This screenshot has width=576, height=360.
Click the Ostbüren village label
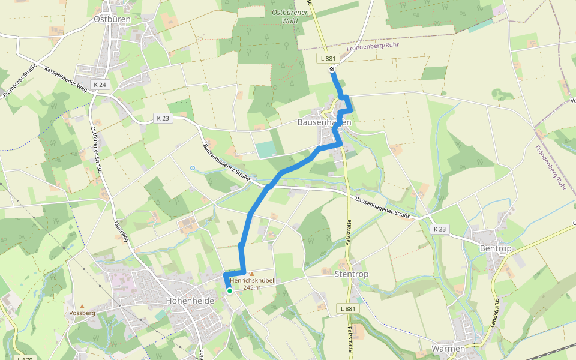(112, 19)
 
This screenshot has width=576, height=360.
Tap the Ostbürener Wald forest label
(286, 16)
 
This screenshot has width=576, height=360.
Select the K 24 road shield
(100, 85)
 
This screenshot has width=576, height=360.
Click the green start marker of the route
(229, 291)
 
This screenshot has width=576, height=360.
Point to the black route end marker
(332, 70)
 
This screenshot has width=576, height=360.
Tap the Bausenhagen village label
(324, 122)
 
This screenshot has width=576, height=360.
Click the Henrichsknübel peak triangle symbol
(251, 274)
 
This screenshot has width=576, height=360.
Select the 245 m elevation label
(252, 287)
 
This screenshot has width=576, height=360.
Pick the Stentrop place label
(353, 274)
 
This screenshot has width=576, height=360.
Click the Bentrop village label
(494, 248)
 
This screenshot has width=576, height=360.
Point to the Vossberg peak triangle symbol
(82, 305)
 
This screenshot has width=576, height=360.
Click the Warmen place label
(448, 349)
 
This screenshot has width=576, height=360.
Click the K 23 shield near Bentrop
(440, 229)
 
